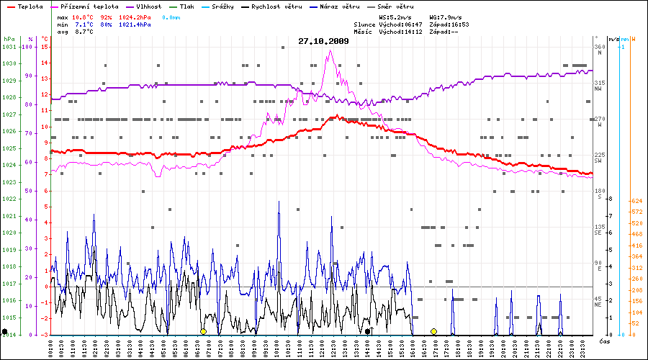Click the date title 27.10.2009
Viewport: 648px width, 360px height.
pos(323,41)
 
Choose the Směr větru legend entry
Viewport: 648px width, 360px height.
pos(395,6)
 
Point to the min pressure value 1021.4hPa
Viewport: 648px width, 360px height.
pos(135,24)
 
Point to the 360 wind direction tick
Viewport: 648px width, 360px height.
pos(599,48)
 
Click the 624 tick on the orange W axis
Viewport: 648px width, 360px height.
pos(636,201)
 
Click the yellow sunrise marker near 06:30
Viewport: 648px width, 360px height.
pos(203,331)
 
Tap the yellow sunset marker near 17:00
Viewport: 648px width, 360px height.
pos(433,331)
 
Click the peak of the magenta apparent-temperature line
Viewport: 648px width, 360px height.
pos(329,51)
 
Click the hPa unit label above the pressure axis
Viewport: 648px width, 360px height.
pos(9,38)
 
